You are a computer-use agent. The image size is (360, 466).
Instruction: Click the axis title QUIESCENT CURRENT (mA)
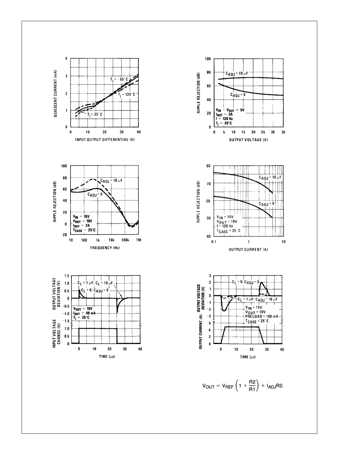56,93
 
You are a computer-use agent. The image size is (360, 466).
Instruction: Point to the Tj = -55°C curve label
119,79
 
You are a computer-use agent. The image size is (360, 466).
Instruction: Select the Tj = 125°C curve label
127,95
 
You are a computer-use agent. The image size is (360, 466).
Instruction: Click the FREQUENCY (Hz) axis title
104,248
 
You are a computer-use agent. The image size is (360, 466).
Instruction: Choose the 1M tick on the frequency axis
138,240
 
